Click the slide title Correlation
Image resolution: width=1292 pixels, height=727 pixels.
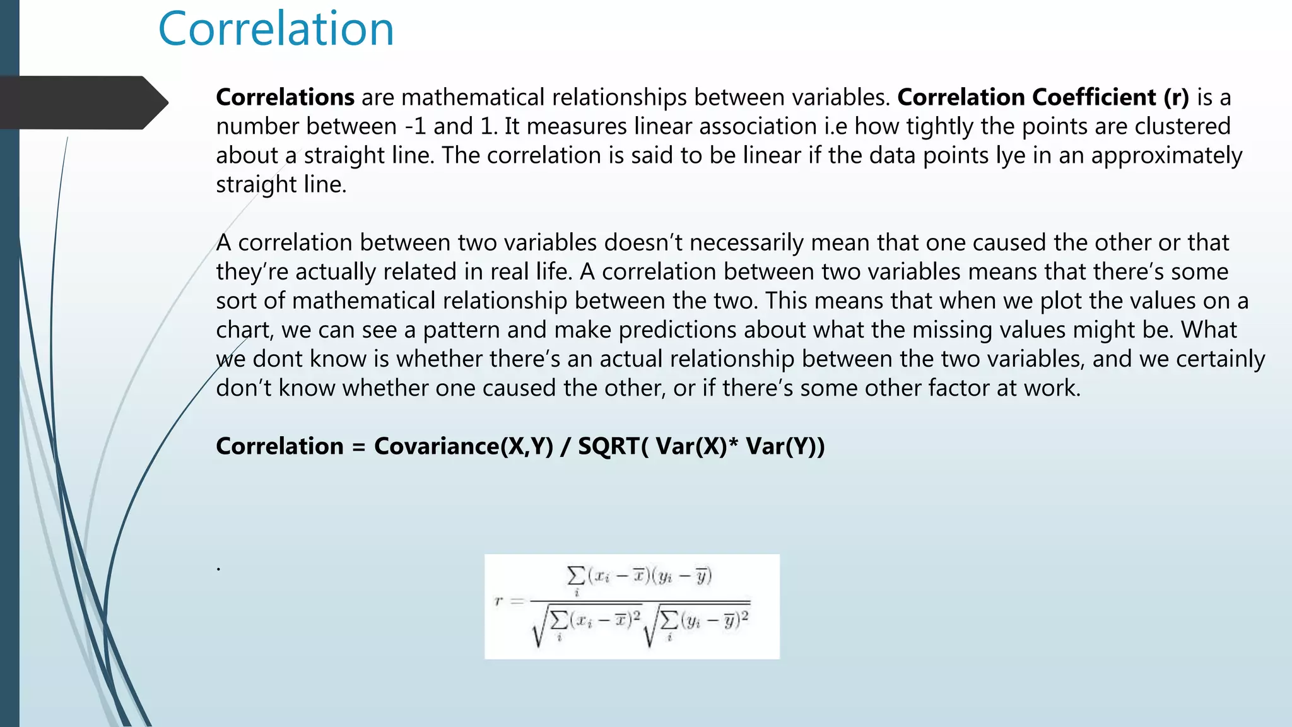tap(276, 29)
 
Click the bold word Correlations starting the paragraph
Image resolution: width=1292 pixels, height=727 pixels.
tap(285, 97)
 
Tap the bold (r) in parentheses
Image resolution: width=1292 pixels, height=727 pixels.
tap(1176, 97)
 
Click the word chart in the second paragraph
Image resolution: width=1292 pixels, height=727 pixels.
tap(244, 329)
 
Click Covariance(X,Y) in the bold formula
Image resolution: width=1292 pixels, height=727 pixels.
tap(464, 446)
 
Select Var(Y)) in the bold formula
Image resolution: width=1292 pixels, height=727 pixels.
tap(785, 446)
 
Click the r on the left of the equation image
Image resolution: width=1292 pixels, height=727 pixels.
tap(498, 601)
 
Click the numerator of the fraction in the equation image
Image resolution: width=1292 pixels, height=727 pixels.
tap(640, 576)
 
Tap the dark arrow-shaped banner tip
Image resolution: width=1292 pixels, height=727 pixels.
tap(155, 102)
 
